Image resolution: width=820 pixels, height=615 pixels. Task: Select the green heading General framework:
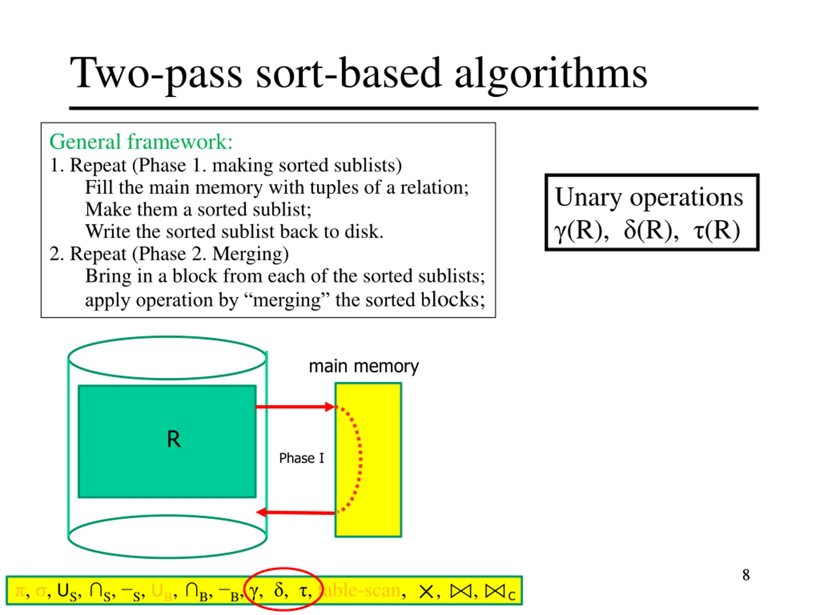click(141, 142)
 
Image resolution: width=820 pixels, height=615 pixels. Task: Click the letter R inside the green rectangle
click(174, 440)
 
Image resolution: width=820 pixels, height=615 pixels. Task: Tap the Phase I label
click(301, 458)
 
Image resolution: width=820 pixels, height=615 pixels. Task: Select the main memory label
click(363, 366)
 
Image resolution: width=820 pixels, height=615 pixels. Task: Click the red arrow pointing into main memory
click(295, 407)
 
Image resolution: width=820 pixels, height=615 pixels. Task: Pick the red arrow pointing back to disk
click(295, 513)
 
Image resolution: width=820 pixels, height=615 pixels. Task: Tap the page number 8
click(746, 575)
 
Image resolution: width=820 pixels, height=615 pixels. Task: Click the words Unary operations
click(649, 197)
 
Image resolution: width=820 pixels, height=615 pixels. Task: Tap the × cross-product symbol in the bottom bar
click(426, 591)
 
